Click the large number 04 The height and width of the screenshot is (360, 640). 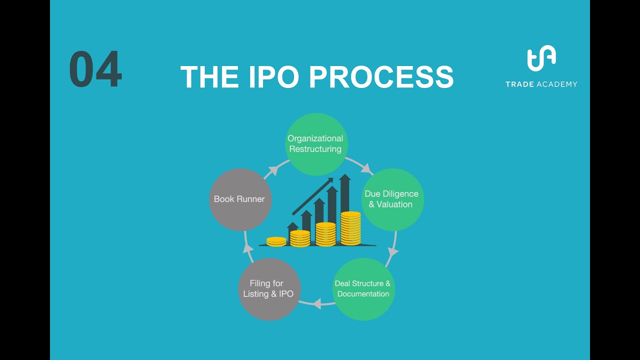tap(95, 70)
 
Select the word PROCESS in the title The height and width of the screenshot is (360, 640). tap(381, 77)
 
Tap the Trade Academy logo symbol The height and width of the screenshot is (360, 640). tap(541, 59)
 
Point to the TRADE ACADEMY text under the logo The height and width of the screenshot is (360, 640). tap(541, 84)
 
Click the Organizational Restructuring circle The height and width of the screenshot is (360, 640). tap(315, 144)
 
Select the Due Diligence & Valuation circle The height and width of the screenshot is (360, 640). tap(392, 199)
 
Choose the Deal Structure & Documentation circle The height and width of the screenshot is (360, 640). tap(363, 288)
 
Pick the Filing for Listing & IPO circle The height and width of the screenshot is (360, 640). tap(269, 288)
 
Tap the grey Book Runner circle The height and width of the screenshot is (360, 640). tap(239, 199)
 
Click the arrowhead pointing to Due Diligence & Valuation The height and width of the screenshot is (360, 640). tap(368, 168)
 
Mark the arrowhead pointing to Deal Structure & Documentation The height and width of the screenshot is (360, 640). tap(392, 251)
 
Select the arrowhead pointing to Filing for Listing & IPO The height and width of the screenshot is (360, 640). tap(316, 303)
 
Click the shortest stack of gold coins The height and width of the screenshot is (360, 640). tap(276, 241)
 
